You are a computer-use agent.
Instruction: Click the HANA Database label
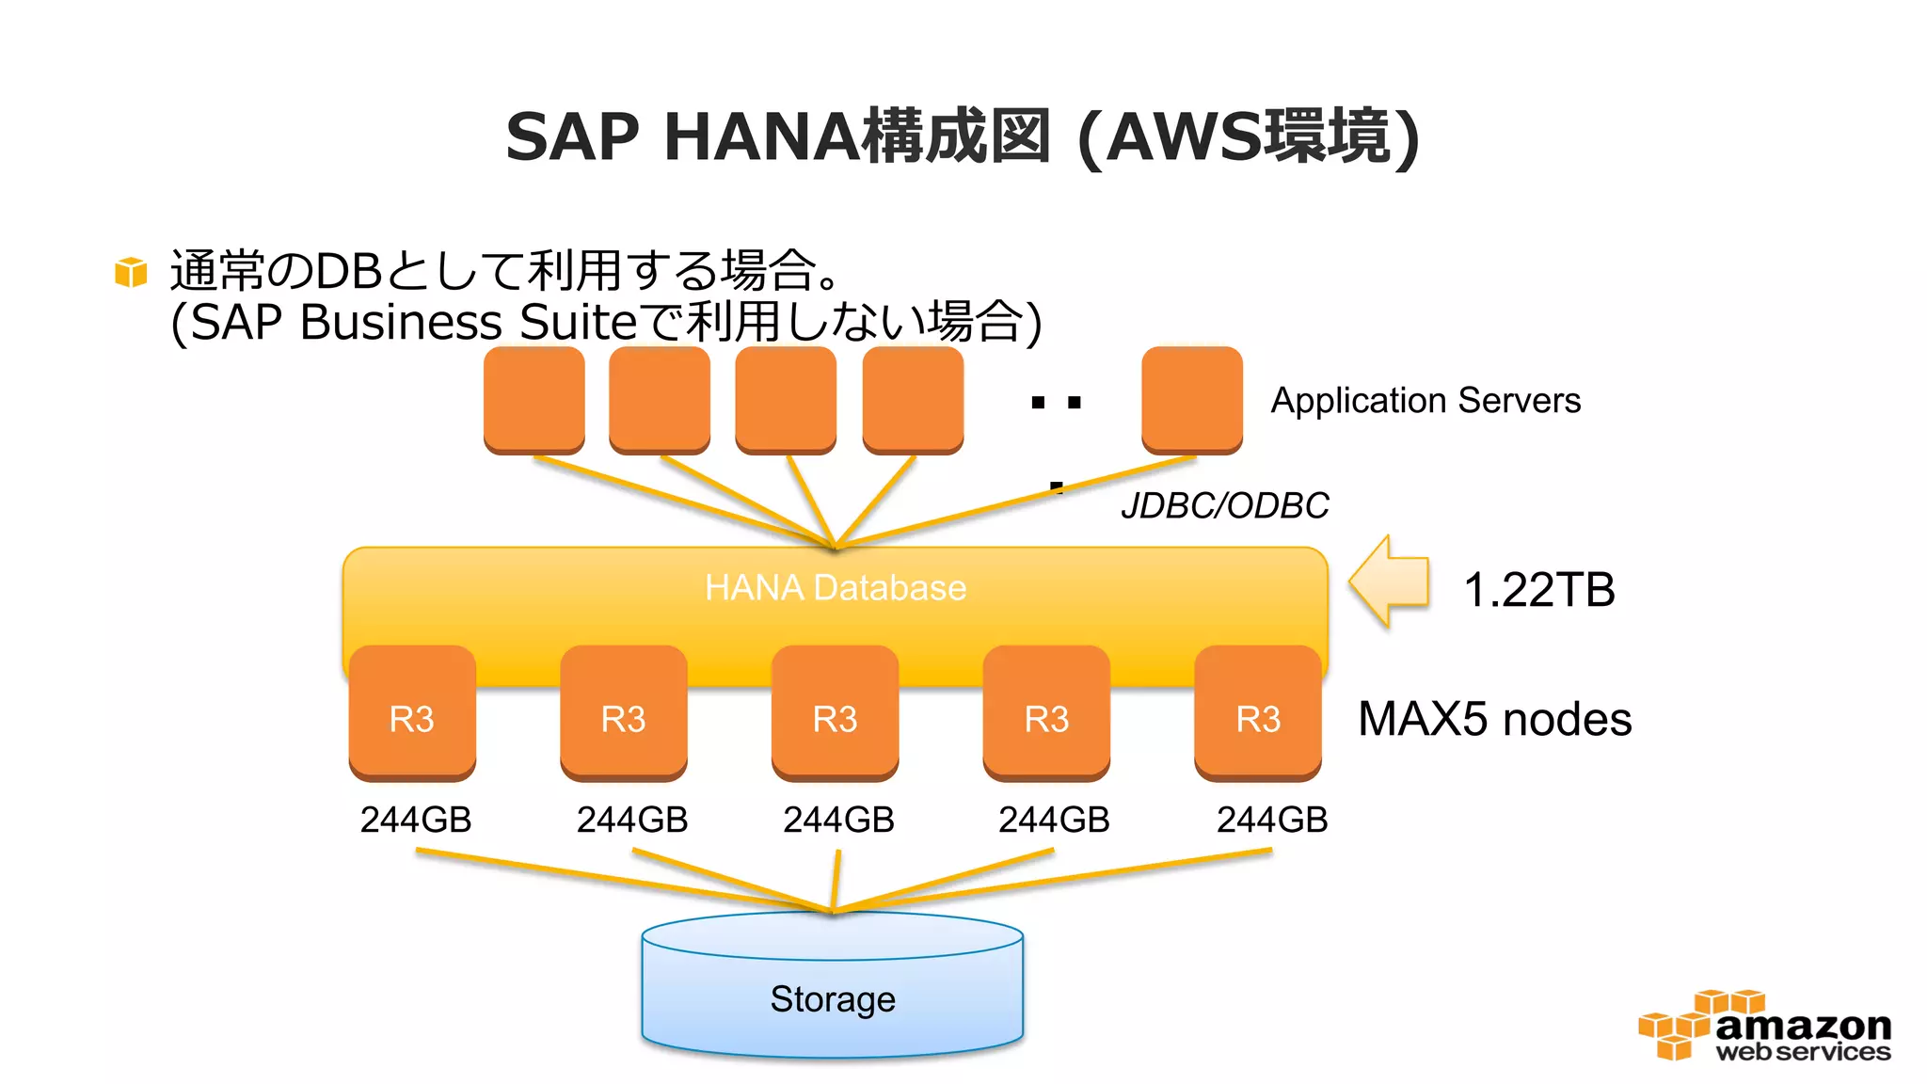tap(836, 587)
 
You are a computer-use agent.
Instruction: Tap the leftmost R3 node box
tap(412, 713)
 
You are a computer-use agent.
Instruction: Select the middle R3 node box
tap(835, 713)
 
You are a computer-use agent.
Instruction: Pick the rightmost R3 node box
tap(1258, 713)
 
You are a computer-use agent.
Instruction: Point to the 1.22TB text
tap(1539, 590)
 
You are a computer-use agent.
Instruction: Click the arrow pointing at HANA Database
tap(1390, 582)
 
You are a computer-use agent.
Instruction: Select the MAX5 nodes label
tap(1494, 719)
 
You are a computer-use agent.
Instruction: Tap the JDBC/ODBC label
tap(1224, 505)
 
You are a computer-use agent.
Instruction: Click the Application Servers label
tap(1425, 401)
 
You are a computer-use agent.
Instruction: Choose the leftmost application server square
tap(534, 399)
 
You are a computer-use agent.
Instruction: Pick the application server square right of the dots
tap(1191, 399)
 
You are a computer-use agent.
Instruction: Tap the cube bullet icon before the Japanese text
tap(131, 272)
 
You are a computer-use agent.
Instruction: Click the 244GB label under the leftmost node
tap(416, 820)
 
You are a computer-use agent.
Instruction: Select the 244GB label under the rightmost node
tap(1271, 820)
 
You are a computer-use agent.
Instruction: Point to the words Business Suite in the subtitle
tap(468, 322)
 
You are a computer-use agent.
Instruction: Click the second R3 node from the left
tap(623, 713)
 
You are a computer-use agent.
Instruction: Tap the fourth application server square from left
tap(913, 399)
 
